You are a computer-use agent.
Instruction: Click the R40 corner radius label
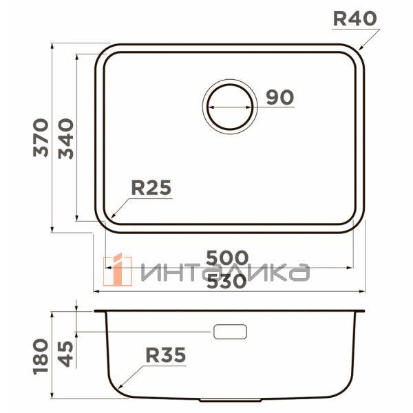[x=354, y=19]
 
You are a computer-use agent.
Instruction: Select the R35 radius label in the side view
[x=166, y=355]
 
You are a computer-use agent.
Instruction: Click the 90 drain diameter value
[x=279, y=98]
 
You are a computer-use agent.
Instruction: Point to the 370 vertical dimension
[x=41, y=137]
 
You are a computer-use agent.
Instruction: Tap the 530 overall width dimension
[x=228, y=281]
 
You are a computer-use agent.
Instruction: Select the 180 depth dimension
[x=41, y=355]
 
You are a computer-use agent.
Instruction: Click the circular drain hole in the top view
[x=229, y=105]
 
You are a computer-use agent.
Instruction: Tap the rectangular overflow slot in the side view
[x=230, y=332]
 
